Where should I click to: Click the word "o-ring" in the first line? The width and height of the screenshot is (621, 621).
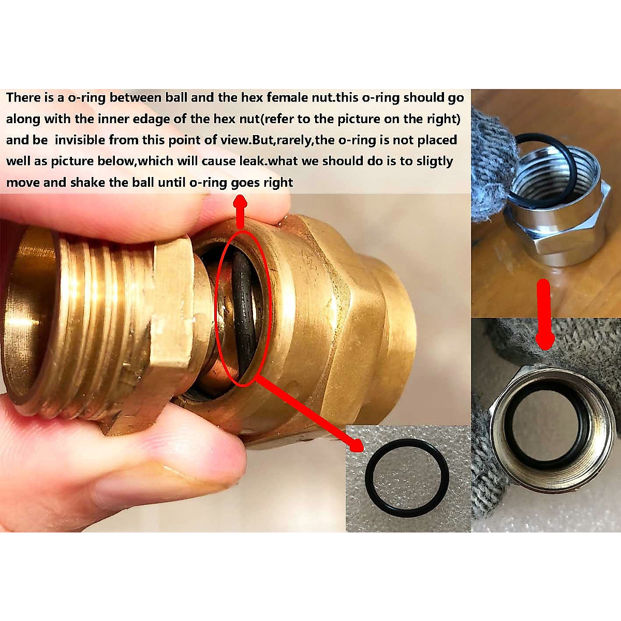tap(87, 97)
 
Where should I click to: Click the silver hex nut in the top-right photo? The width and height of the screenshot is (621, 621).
tap(559, 228)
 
